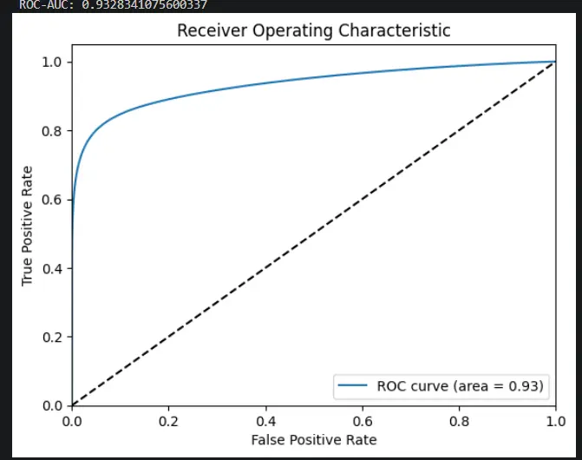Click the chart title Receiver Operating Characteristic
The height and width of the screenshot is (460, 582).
click(314, 30)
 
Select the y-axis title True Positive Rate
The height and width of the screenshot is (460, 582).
click(27, 227)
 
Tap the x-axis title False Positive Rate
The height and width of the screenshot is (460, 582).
click(314, 440)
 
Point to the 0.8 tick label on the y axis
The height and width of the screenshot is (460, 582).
click(51, 131)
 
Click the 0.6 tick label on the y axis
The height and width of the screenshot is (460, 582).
click(51, 200)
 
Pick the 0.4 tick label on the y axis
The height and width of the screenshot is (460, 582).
click(51, 268)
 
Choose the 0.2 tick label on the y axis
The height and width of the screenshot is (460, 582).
click(51, 337)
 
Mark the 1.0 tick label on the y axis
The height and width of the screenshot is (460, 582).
click(51, 62)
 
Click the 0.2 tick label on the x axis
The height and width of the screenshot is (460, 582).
click(168, 422)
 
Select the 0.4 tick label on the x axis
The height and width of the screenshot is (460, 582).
click(265, 422)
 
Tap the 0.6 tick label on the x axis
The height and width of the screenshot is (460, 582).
click(363, 422)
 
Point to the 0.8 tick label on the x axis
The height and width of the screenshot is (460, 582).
click(459, 422)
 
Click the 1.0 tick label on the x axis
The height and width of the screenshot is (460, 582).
click(556, 422)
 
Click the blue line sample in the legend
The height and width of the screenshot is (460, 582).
click(353, 385)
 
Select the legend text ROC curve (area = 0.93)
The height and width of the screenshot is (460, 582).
click(461, 386)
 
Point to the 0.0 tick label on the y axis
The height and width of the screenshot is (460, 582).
click(51, 406)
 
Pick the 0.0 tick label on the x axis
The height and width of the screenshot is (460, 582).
click(72, 422)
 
